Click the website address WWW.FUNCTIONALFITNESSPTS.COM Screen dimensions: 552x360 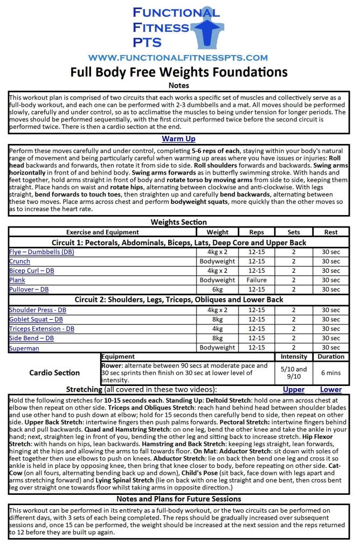pyautogui.click(x=178, y=58)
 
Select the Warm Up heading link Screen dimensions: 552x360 pyautogui.click(x=178, y=139)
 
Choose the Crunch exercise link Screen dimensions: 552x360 pyautogui.click(x=20, y=261)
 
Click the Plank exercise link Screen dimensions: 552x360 pyautogui.click(x=17, y=280)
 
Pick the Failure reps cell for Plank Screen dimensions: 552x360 pyautogui.click(x=257, y=280)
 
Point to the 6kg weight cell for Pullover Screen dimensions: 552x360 pyautogui.click(x=217, y=289)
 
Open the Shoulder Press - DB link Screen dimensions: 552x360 pyautogui.click(x=37, y=310)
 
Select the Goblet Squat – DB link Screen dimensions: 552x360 pyautogui.click(x=36, y=320)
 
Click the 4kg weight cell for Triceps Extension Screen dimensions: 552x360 pyautogui.click(x=217, y=329)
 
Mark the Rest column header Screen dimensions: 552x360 pyautogui.click(x=331, y=232)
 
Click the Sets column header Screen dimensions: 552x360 pyautogui.click(x=294, y=232)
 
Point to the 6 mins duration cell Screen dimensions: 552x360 pyautogui.click(x=331, y=372)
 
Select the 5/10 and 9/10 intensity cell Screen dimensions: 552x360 pyautogui.click(x=294, y=372)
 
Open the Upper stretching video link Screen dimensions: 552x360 pyautogui.click(x=294, y=389)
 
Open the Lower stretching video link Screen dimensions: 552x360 pyautogui.click(x=331, y=389)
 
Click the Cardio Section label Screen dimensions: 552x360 pyautogui.click(x=55, y=372)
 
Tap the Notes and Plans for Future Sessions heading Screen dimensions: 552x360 pyautogui.click(x=178, y=499)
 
